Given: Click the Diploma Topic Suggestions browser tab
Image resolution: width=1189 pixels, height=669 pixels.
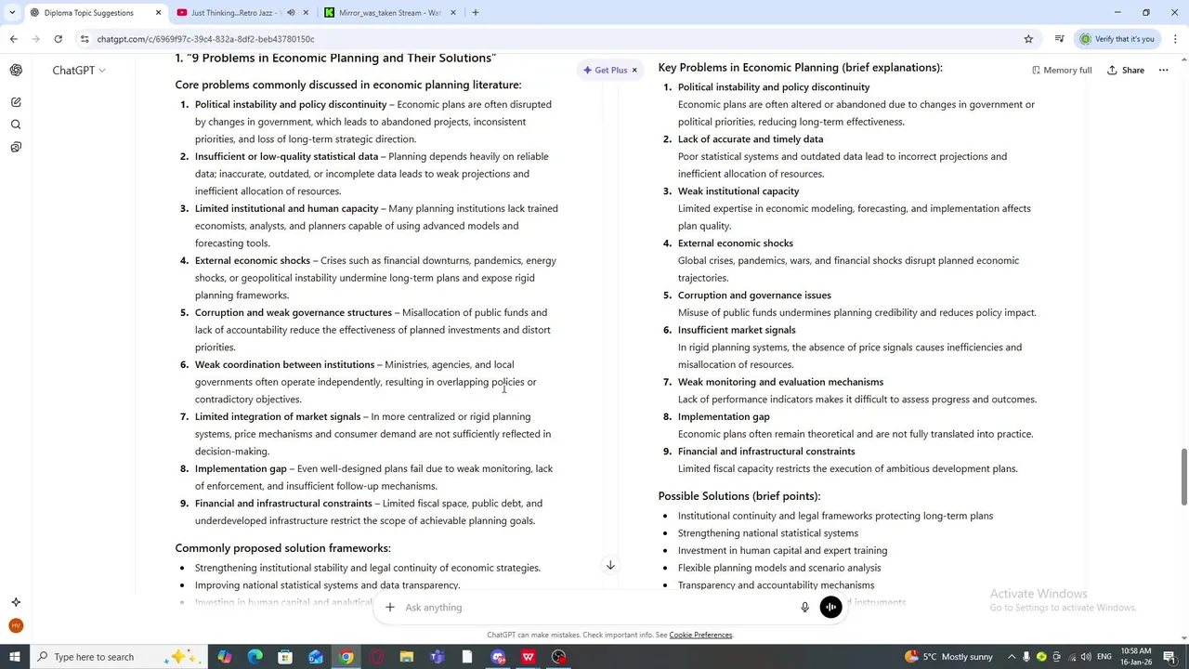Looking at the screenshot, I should tap(88, 13).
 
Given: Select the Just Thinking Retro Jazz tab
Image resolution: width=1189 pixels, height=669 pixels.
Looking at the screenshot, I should tap(231, 13).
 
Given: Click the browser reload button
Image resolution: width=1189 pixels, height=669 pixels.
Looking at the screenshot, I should tap(58, 39).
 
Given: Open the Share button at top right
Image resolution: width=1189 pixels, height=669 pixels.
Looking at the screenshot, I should tap(1125, 70).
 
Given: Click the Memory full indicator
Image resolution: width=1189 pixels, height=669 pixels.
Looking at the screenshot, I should tap(1062, 70).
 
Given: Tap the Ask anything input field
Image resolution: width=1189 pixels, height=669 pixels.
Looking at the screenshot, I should tap(594, 608).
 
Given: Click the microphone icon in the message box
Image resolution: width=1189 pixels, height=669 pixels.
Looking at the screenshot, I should tap(804, 608).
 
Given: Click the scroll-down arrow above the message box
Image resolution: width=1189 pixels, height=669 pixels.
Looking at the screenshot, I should tap(610, 565).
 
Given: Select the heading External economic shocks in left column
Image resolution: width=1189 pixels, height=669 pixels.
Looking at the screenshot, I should tap(253, 261).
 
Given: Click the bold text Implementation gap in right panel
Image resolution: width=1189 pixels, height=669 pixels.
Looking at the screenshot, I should tap(724, 417).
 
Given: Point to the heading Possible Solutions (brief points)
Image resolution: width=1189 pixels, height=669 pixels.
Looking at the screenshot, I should tap(738, 496).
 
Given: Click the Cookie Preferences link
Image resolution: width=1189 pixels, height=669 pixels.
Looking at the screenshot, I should tap(700, 636).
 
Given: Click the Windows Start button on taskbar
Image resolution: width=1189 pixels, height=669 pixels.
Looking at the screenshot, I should tap(14, 657).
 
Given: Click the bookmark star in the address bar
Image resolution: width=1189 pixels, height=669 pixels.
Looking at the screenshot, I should tap(1028, 39).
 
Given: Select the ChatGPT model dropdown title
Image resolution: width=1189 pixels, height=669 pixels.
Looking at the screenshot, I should tap(78, 71).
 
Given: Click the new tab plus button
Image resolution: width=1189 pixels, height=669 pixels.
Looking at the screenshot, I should tap(476, 13).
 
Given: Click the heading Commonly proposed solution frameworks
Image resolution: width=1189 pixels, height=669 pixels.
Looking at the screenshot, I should tap(282, 548).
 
